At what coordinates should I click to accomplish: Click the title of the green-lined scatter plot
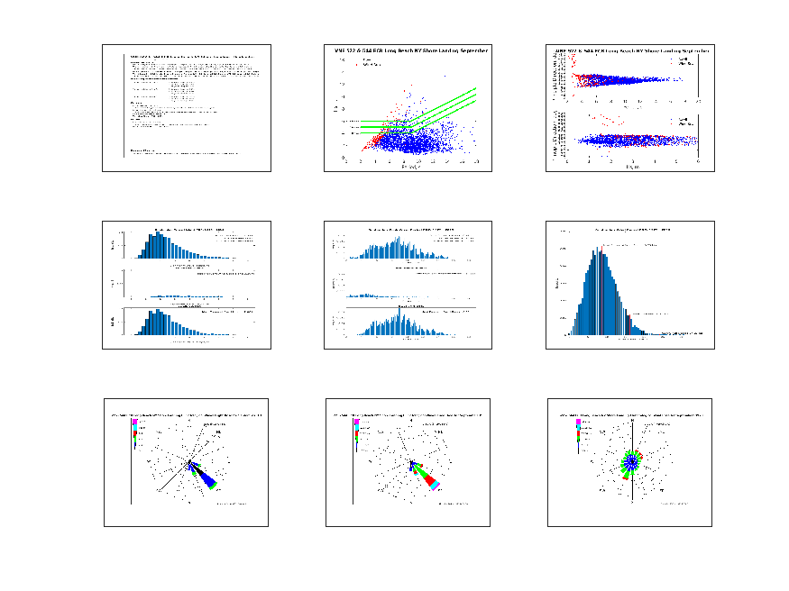(408, 51)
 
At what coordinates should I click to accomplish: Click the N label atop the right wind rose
(632, 419)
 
